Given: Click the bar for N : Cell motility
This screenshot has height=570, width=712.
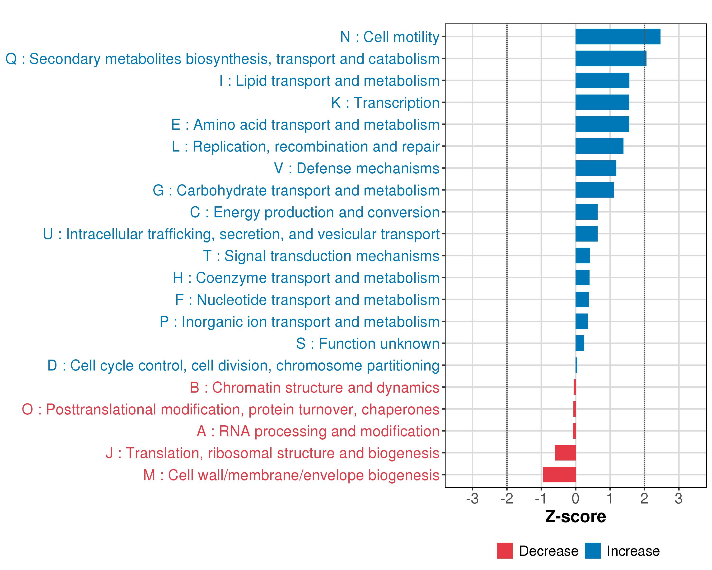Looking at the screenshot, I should (x=618, y=37).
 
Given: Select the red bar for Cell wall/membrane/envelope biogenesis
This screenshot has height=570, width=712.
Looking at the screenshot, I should (x=559, y=475).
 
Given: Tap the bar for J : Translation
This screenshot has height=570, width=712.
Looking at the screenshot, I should (x=565, y=453).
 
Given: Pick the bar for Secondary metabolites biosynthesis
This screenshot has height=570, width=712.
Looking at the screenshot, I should (x=611, y=58).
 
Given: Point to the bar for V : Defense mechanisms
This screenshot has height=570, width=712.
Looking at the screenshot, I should (x=596, y=168).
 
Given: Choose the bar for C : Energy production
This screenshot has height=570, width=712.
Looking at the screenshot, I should (x=586, y=212).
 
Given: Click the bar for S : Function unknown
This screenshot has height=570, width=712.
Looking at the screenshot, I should (x=580, y=343).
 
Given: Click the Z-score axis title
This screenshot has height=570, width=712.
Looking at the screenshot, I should (x=575, y=517).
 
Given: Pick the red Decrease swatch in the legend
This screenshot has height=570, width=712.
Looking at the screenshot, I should (x=505, y=551).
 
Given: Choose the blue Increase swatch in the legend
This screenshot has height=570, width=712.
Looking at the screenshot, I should (x=592, y=551).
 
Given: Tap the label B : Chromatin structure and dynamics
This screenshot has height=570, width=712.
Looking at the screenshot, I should (x=314, y=388).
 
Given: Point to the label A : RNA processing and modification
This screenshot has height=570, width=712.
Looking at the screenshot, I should (x=318, y=432).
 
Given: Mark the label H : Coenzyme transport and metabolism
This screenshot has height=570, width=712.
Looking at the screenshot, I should (x=306, y=278).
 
